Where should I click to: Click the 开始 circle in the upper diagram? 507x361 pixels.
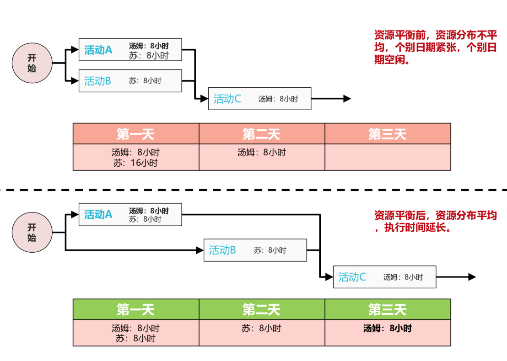pos(32,64)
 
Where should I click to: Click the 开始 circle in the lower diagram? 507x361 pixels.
pos(32,233)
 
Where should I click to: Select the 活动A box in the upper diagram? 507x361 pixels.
pos(130,50)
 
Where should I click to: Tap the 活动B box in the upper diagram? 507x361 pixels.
pos(130,81)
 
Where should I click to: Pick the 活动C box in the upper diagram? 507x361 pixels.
pos(259,99)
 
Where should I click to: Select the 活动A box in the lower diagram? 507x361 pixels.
pos(130,214)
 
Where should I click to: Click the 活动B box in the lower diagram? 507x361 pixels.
pos(255,250)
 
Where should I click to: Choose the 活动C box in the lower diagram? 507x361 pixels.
pos(384,277)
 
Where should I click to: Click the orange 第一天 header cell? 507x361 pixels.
pos(136,134)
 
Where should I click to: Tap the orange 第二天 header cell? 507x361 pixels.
pos(262,134)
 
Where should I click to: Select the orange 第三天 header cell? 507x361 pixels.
pos(388,134)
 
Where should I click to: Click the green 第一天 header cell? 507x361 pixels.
pos(136,309)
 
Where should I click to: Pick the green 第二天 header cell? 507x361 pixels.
pos(262,309)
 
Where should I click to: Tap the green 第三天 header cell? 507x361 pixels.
pos(388,309)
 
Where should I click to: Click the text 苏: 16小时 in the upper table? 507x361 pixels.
pos(136,163)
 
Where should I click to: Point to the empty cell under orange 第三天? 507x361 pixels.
pos(388,157)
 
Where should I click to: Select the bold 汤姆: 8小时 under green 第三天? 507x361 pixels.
pos(388,328)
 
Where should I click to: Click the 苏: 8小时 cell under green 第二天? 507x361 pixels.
pos(262,328)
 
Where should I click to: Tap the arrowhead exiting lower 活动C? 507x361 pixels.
pos(472,277)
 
